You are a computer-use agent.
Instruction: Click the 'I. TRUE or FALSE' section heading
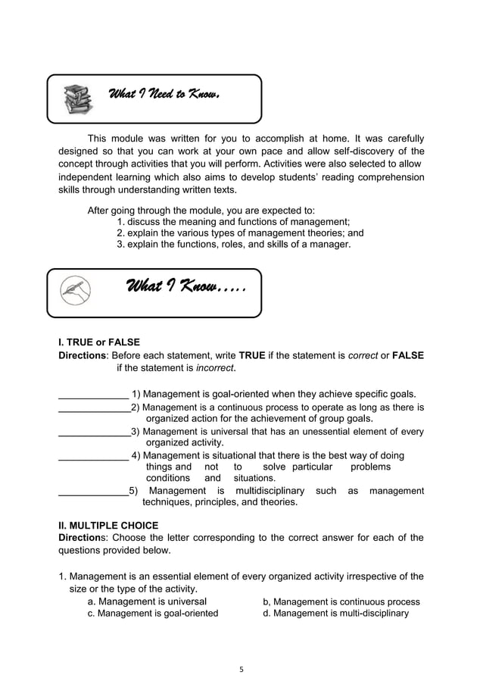(99, 342)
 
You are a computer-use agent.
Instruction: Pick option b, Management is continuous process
(341, 601)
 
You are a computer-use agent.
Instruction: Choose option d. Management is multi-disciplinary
(335, 614)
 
